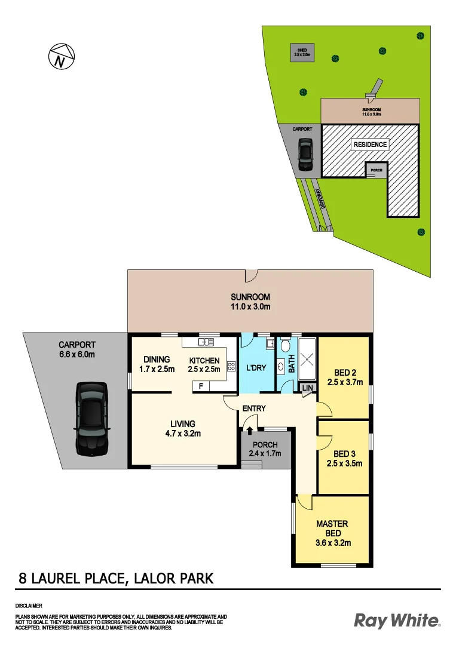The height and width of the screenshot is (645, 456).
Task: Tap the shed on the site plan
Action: pos(302,52)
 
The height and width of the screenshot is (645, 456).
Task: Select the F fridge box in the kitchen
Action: pos(201,387)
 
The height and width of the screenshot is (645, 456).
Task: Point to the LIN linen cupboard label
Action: pos(307,388)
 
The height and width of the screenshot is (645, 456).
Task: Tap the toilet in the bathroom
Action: pos(285,345)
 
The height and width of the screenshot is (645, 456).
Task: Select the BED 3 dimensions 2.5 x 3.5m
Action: pos(345,463)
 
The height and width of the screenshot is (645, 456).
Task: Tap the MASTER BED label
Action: pos(333,528)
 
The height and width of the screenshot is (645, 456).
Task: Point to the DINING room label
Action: pos(157,360)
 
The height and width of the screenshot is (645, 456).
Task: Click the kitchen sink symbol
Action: pos(206,342)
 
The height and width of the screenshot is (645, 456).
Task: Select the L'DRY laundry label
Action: pos(256,368)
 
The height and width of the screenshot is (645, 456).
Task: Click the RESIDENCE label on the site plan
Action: pos(370,144)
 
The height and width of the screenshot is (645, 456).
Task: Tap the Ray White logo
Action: pos(396,621)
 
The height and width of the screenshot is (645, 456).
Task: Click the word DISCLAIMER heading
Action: pos(28,606)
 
